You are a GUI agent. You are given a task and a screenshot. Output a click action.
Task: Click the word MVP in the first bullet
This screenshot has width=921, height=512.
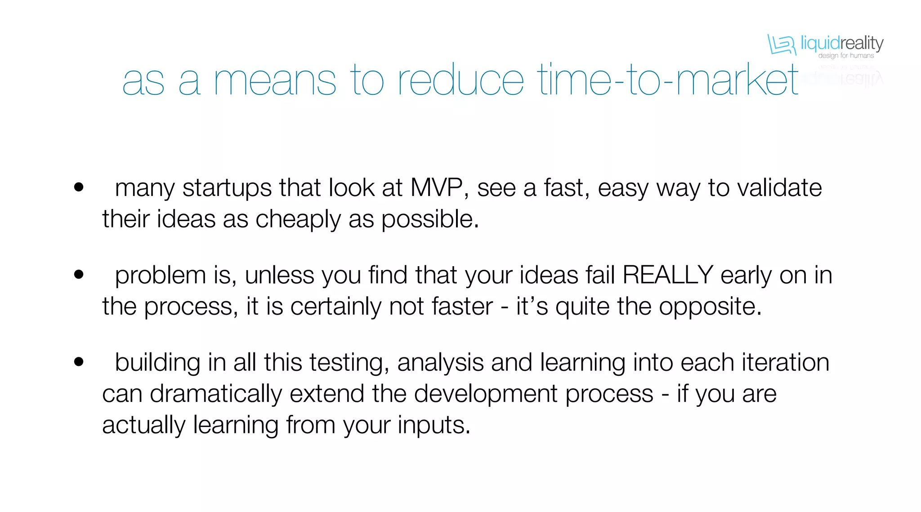click(x=436, y=187)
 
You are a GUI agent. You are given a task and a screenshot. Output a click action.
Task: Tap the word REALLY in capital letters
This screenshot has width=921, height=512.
click(x=667, y=275)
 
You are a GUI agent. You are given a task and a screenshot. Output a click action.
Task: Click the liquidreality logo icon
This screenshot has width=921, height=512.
click(x=781, y=45)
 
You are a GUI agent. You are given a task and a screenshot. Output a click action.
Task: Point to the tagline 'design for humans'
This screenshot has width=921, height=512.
click(x=846, y=56)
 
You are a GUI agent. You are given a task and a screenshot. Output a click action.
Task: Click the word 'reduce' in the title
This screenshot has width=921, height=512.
click(x=460, y=80)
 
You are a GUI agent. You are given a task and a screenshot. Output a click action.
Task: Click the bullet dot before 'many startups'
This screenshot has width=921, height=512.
click(x=79, y=187)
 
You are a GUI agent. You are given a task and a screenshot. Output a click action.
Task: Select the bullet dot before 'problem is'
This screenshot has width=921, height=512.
click(x=79, y=274)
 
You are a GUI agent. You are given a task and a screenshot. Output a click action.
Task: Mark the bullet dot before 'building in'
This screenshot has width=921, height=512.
click(x=79, y=361)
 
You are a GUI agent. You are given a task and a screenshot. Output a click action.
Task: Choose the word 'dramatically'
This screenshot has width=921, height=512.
click(x=215, y=394)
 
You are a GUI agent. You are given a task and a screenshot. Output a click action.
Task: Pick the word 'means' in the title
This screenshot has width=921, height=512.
click(x=275, y=81)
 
